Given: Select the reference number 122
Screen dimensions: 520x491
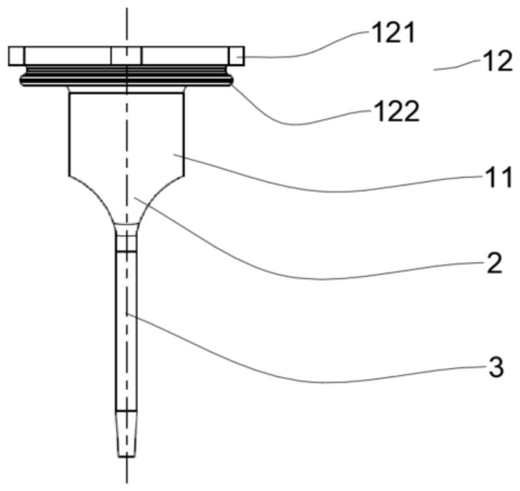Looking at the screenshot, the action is click(397, 111).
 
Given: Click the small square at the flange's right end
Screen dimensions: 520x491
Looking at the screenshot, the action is click(236, 56).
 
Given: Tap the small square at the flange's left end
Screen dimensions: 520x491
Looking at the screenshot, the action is click(16, 56).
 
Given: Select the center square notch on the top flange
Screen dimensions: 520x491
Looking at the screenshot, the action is click(126, 56).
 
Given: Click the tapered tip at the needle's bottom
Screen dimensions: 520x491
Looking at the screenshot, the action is click(126, 434).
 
